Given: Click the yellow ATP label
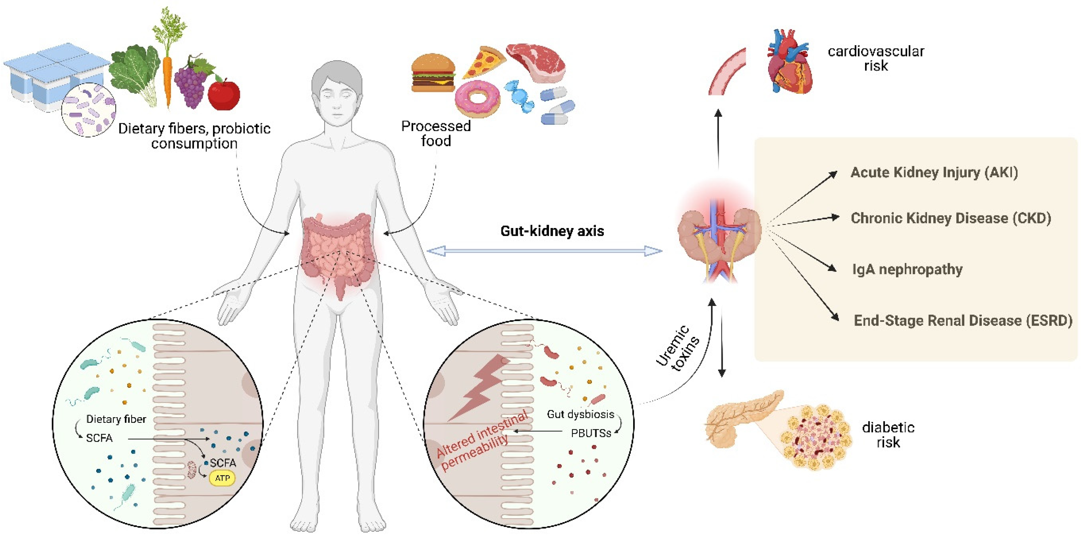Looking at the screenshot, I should click(x=222, y=478).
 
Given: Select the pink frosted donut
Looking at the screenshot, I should click(x=477, y=98).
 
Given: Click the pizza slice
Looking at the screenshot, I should click(x=484, y=62).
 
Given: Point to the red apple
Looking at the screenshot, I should click(x=224, y=94).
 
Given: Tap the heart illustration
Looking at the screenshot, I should click(x=790, y=63).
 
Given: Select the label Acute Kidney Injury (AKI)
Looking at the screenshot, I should click(x=934, y=172).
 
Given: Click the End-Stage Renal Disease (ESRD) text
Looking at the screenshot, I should click(x=963, y=321).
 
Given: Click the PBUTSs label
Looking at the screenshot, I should click(x=591, y=433).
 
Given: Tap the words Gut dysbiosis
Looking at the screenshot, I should click(x=580, y=414).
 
